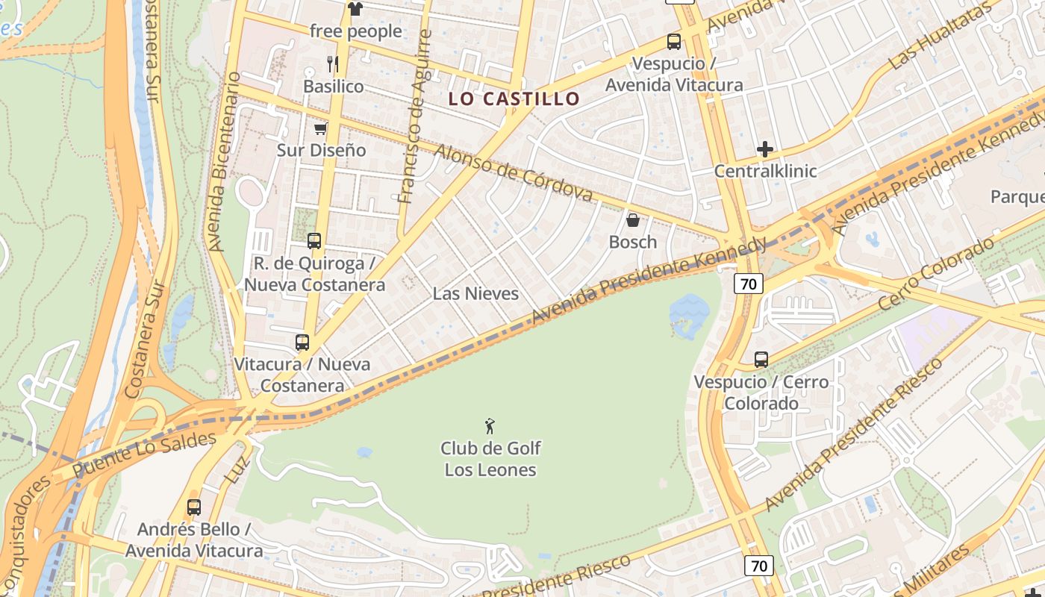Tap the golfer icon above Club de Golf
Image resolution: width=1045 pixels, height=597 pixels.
pyautogui.click(x=490, y=426)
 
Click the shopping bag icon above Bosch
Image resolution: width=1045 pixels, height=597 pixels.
pyautogui.click(x=632, y=219)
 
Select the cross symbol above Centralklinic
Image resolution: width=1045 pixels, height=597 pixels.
pyautogui.click(x=765, y=149)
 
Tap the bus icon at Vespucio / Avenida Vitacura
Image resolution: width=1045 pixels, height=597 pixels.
pyautogui.click(x=674, y=42)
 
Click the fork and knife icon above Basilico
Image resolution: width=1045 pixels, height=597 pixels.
pyautogui.click(x=333, y=64)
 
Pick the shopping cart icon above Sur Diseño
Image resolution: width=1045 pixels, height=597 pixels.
pyautogui.click(x=321, y=128)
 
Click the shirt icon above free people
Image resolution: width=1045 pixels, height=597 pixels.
pyautogui.click(x=355, y=9)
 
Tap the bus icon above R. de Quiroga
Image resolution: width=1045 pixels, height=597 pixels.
pyautogui.click(x=314, y=241)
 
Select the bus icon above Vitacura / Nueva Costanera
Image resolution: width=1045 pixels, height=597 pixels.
pyautogui.click(x=302, y=343)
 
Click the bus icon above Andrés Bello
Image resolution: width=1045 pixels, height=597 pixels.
pyautogui.click(x=194, y=507)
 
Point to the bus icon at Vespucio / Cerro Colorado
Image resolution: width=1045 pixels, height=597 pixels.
pyautogui.click(x=761, y=360)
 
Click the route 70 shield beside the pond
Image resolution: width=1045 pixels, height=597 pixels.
pyautogui.click(x=748, y=284)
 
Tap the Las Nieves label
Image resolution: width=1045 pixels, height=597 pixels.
pyautogui.click(x=475, y=293)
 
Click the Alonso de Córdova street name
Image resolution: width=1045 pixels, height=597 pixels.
pyautogui.click(x=514, y=173)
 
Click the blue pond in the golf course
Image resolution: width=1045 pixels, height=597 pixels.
pyautogui.click(x=688, y=313)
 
